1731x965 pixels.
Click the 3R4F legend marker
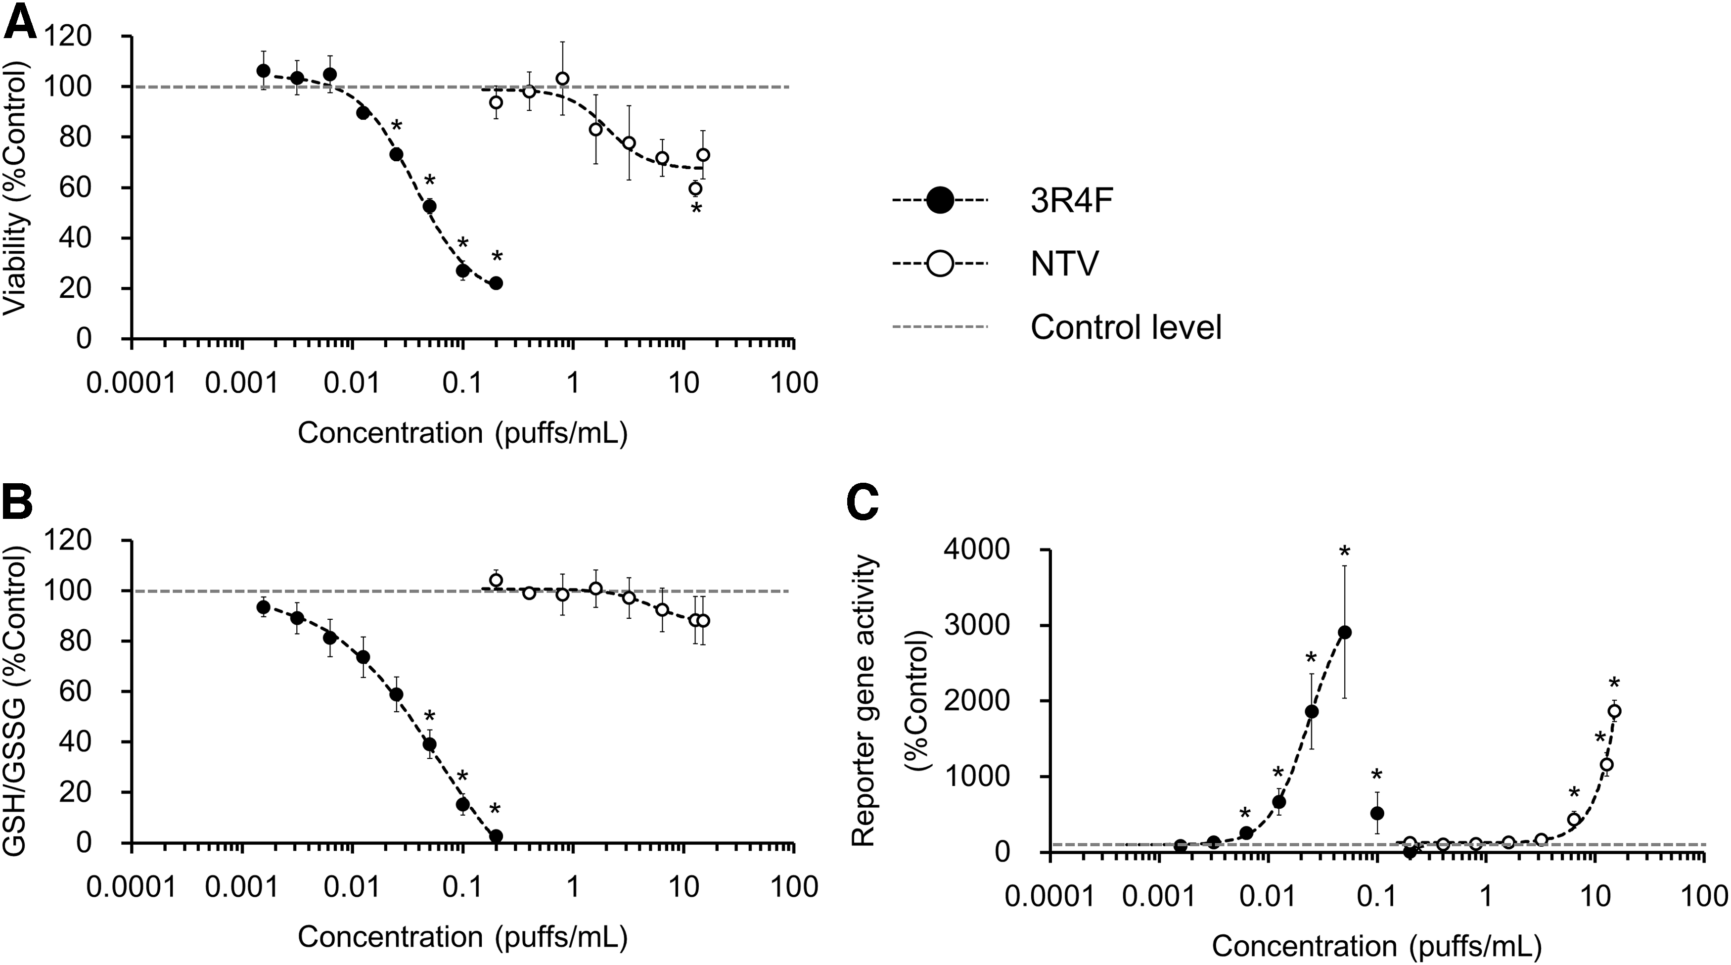tap(939, 200)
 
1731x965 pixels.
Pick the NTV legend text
tap(1065, 264)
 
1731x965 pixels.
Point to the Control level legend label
tap(1126, 327)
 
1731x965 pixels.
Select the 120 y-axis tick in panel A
tap(74, 36)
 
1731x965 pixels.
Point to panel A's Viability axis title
tap(16, 188)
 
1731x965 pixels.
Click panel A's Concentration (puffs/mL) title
tap(463, 433)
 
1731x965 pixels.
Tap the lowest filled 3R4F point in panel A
tap(496, 283)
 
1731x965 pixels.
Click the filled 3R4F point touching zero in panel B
tap(496, 836)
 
